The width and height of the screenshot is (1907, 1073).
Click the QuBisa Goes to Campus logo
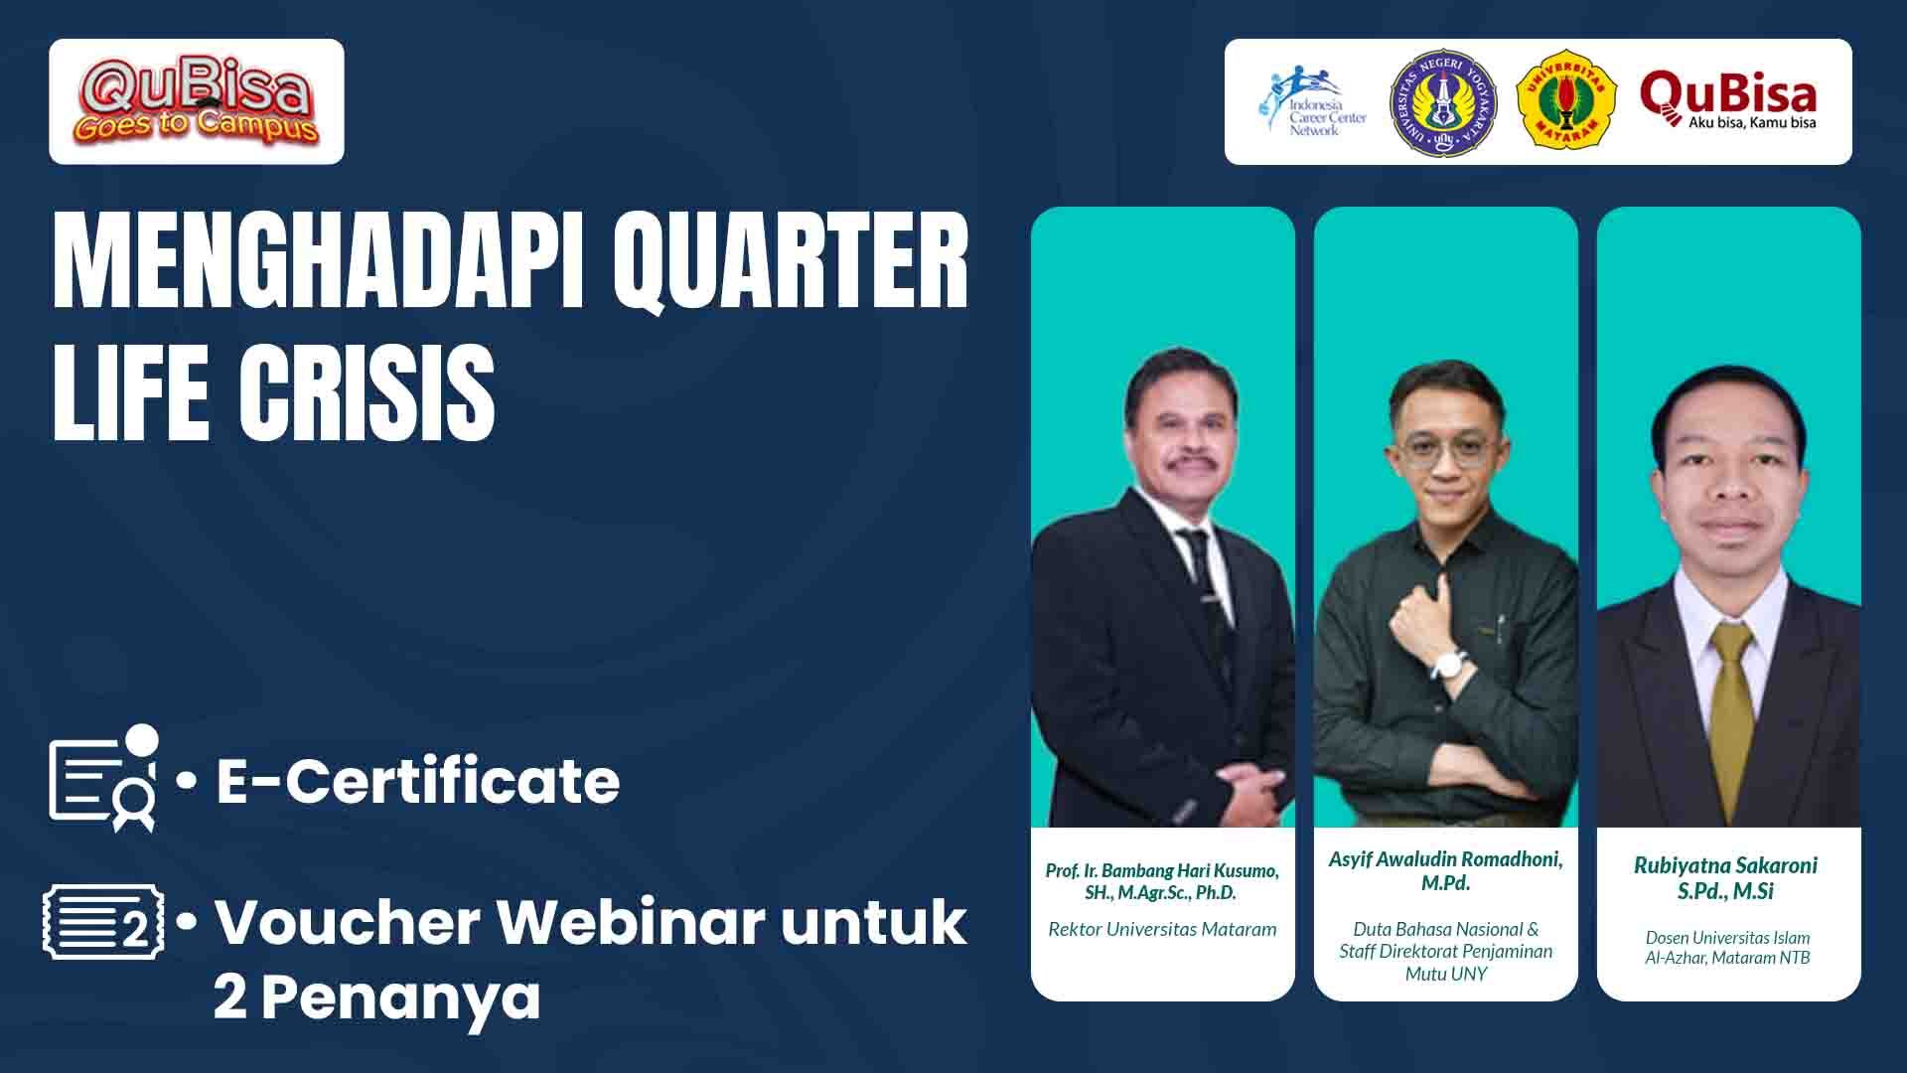(x=196, y=101)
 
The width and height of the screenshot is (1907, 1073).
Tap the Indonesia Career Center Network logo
(x=1313, y=102)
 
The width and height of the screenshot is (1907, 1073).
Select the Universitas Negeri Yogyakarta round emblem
(x=1444, y=101)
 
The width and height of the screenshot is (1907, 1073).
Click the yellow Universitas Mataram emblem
(x=1566, y=102)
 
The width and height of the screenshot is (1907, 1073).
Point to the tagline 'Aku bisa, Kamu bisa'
(x=1752, y=123)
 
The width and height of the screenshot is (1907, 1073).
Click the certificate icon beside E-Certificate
(x=103, y=779)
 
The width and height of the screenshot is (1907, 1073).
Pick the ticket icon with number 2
(x=103, y=924)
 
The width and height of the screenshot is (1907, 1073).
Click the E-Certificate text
(x=418, y=781)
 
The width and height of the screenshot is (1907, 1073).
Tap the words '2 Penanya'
(x=377, y=998)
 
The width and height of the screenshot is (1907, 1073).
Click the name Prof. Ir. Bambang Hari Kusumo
(x=1162, y=870)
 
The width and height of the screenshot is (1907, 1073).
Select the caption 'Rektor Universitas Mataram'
(x=1162, y=930)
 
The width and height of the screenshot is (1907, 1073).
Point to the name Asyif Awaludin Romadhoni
(x=1445, y=860)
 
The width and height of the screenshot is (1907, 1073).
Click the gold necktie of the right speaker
(x=1730, y=705)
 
